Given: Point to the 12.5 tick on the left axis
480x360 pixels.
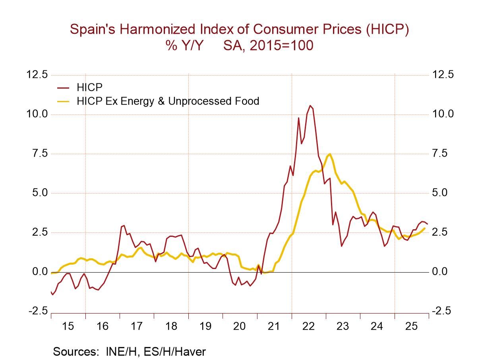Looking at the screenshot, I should (x=37, y=75).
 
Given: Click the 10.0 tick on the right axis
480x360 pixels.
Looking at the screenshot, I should (x=442, y=114).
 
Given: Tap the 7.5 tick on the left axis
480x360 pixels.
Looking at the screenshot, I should (x=40, y=153).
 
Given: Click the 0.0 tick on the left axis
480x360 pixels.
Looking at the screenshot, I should (x=40, y=272).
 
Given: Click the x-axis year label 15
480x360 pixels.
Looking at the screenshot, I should (x=68, y=326).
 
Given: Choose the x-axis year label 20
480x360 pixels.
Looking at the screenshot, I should (x=240, y=326).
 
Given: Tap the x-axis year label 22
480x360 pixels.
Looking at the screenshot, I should (x=308, y=326).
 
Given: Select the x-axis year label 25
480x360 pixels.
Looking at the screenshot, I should (x=411, y=326).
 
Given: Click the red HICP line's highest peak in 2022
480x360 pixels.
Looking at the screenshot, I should (x=310, y=106).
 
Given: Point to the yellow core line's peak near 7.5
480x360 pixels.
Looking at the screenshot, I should (x=330, y=154).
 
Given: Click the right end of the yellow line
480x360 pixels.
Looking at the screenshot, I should (x=425, y=228).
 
